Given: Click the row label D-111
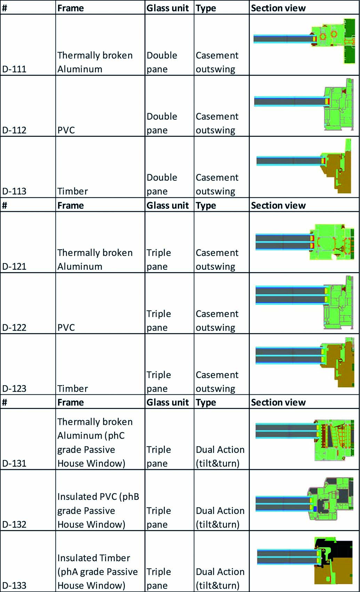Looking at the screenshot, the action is (x=14, y=69).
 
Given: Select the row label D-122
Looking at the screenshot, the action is (x=14, y=327).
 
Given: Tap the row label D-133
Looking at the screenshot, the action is (x=14, y=585).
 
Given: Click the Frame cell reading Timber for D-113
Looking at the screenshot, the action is (x=73, y=191).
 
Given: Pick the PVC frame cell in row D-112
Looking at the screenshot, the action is (x=66, y=130).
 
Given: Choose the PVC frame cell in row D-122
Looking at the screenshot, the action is (x=66, y=327).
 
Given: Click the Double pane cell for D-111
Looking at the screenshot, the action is (x=162, y=62).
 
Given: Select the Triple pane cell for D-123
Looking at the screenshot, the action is (x=159, y=382).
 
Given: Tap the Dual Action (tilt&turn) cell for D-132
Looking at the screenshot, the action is (x=220, y=518).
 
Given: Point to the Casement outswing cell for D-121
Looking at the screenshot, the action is (x=217, y=260).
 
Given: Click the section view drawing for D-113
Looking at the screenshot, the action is (x=304, y=166).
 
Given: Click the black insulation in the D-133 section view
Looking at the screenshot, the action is (x=341, y=547).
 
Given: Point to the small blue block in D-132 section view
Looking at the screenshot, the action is (x=314, y=508).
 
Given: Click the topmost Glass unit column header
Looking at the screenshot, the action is (x=168, y=8).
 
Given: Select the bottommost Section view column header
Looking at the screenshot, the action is (x=278, y=402).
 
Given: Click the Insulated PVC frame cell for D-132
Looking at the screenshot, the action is (x=98, y=511).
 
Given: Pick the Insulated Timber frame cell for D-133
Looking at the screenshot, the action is (x=97, y=572).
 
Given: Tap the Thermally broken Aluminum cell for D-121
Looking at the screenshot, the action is (x=95, y=260).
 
